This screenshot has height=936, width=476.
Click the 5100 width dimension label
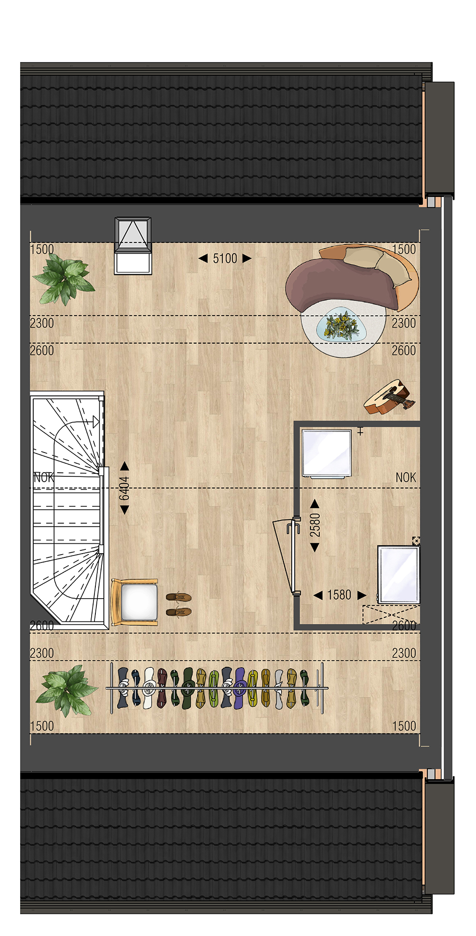[x=225, y=258]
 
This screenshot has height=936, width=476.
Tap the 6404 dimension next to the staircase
[x=124, y=488]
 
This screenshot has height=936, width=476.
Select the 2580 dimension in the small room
[x=315, y=525]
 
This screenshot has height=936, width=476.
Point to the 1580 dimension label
[x=339, y=595]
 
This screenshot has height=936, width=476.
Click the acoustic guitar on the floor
[x=389, y=397]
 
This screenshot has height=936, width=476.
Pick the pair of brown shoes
[x=179, y=604]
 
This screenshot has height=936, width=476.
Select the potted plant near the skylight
[x=63, y=279]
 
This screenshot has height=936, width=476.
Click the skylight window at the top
[x=133, y=245]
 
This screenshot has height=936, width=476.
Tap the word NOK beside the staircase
[x=44, y=477]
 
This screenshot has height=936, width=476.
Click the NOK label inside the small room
[x=405, y=477]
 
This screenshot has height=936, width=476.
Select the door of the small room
[x=287, y=556]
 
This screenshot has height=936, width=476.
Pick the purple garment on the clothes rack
[x=240, y=688]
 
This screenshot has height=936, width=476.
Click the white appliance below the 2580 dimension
[x=398, y=574]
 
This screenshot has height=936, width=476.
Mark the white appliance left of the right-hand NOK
[x=326, y=454]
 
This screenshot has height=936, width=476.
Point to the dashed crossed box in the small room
[x=391, y=614]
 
